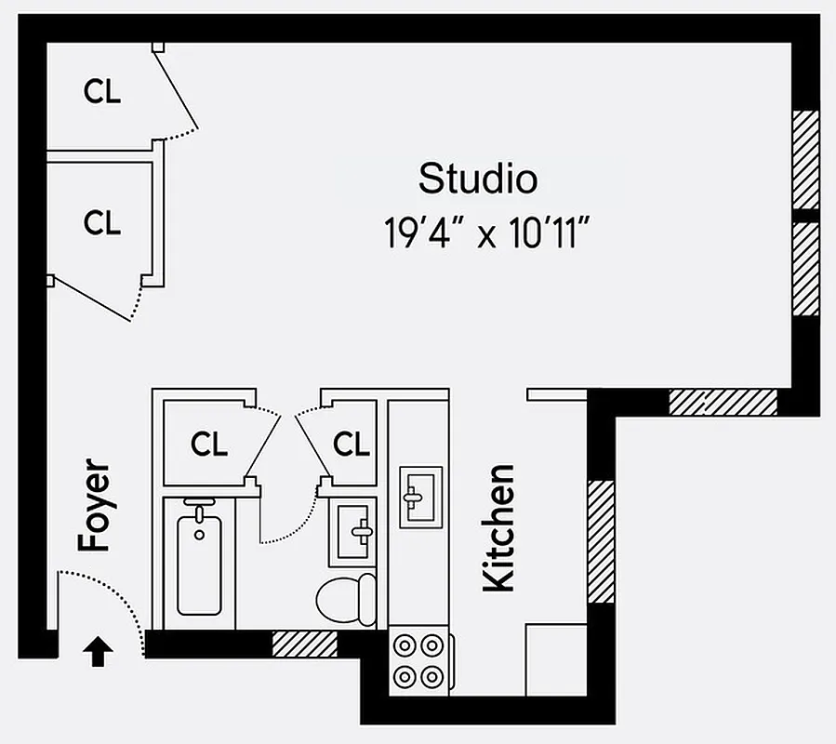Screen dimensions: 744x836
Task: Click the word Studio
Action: pos(477,178)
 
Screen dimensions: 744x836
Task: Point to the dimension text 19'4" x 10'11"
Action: pos(489,232)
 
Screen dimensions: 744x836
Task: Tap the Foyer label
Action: pos(94,506)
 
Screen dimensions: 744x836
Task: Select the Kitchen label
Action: pos(499,527)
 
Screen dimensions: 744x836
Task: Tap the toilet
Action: pos(346,597)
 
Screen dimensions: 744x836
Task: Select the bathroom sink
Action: pos(352,531)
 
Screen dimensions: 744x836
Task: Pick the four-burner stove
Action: pos(418,660)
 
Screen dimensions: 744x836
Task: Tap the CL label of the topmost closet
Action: pos(102,91)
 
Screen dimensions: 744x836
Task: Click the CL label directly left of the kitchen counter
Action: pos(352,445)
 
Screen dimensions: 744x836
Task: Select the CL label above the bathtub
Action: pos(208,445)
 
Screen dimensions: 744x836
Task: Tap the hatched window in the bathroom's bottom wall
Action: pos(304,643)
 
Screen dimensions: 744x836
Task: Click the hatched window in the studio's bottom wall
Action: pos(723,402)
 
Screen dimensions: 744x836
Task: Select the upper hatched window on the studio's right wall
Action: pos(805,159)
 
